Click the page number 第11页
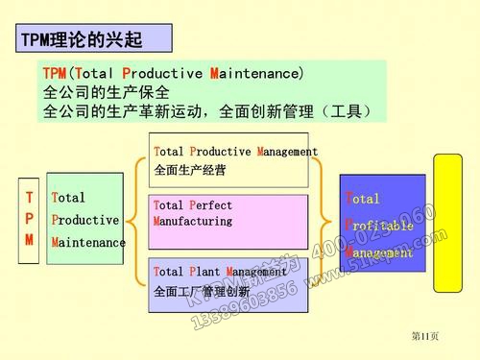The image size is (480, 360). (x=424, y=336)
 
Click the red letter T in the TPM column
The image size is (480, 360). (x=29, y=198)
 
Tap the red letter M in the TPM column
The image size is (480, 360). (x=29, y=240)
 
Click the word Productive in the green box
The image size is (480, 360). (x=84, y=220)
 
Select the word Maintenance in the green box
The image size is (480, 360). (x=88, y=242)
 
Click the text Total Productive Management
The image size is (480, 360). (x=235, y=152)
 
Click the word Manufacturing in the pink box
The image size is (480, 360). (x=193, y=221)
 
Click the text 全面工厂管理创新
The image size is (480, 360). (x=202, y=291)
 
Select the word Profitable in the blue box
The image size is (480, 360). (x=379, y=224)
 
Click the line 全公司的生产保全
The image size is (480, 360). (x=107, y=93)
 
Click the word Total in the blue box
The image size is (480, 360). (x=363, y=199)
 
